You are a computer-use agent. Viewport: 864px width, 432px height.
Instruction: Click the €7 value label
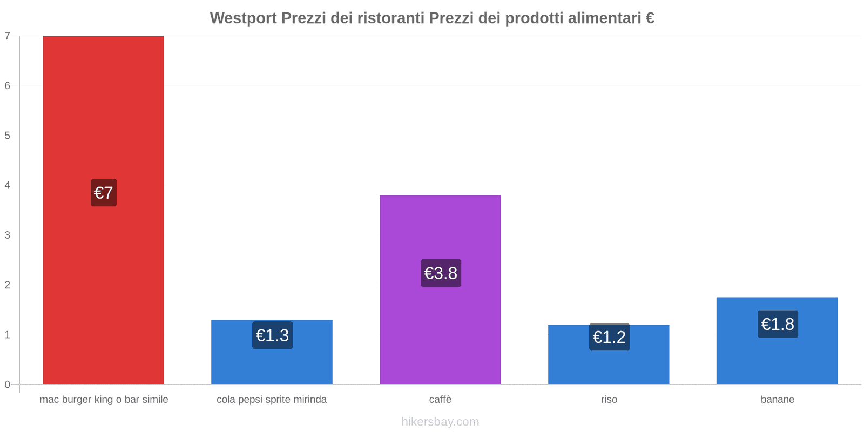point(104,193)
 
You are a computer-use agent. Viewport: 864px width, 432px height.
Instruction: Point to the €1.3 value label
point(272,335)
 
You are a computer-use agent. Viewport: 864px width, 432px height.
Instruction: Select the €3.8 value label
point(441,273)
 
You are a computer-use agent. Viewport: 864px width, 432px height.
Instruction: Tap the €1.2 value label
point(609,337)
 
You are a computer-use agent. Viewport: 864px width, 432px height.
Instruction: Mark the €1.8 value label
point(778,324)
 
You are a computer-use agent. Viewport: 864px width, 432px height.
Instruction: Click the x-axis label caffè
point(440,400)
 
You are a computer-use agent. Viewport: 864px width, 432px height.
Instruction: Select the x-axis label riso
point(609,400)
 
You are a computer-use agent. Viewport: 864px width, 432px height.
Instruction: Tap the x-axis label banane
point(777,400)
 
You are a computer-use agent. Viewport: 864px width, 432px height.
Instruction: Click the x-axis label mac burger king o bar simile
point(104,400)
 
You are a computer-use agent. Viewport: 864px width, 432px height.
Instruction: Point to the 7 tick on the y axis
point(8,36)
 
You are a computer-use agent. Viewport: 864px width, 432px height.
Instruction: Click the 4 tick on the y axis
point(8,185)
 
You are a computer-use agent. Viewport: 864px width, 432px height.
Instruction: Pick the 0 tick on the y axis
point(8,384)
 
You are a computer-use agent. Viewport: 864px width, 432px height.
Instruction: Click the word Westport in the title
point(243,18)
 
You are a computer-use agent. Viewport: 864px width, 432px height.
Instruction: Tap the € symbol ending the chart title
point(650,18)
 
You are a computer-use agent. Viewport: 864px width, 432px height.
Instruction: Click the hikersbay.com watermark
point(440,422)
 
